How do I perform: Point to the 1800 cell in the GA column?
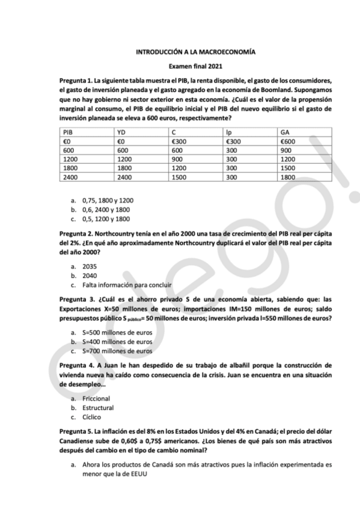click(288, 178)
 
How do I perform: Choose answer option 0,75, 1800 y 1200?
click(108, 199)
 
